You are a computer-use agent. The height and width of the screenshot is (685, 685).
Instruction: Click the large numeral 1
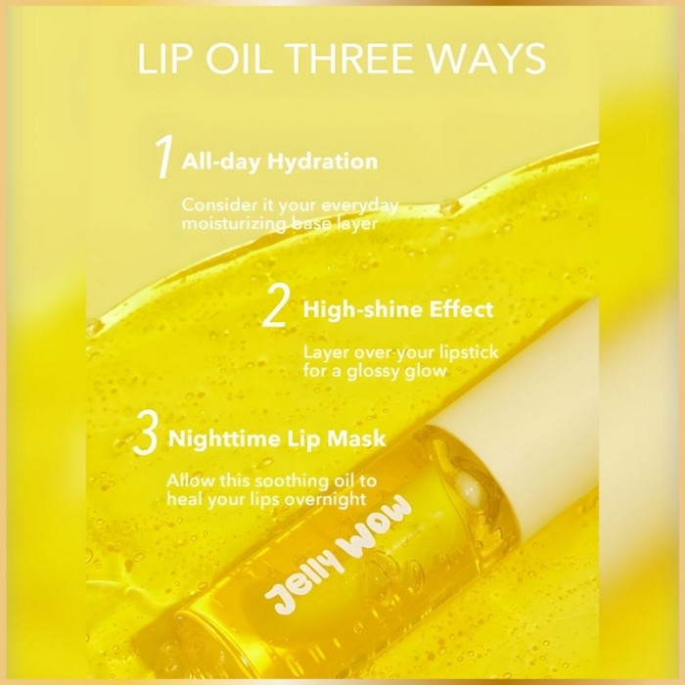coord(164,157)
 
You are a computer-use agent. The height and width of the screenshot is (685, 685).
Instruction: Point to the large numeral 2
coord(275,305)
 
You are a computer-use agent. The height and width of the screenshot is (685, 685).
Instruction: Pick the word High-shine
coord(362,310)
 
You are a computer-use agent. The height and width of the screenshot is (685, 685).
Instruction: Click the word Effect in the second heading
coord(461,309)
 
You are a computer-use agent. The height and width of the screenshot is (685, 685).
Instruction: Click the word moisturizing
coord(234,224)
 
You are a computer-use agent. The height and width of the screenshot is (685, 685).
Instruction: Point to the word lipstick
coord(469,353)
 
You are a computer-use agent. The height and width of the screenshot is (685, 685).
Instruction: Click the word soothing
coord(291,481)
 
